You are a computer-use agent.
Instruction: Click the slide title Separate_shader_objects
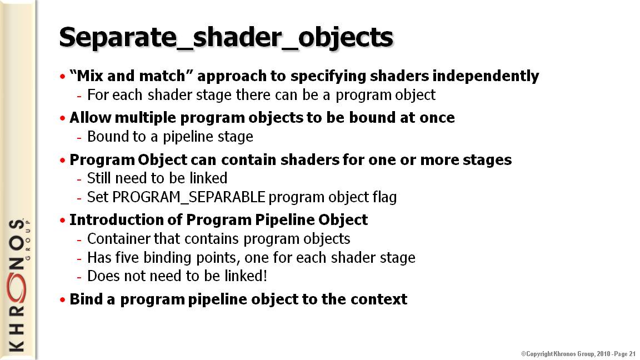click(x=226, y=38)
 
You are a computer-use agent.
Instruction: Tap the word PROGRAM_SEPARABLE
click(x=188, y=197)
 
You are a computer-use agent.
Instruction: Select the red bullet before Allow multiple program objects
click(x=62, y=118)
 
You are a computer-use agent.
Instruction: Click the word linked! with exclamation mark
click(x=246, y=276)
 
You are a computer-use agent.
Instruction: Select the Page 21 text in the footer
click(x=624, y=354)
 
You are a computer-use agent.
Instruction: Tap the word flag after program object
click(x=384, y=198)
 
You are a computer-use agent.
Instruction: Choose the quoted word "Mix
click(x=87, y=76)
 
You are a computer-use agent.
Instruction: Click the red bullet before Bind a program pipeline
click(x=62, y=300)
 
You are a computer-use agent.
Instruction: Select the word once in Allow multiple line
click(x=438, y=118)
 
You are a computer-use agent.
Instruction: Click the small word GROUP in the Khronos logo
click(x=28, y=240)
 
